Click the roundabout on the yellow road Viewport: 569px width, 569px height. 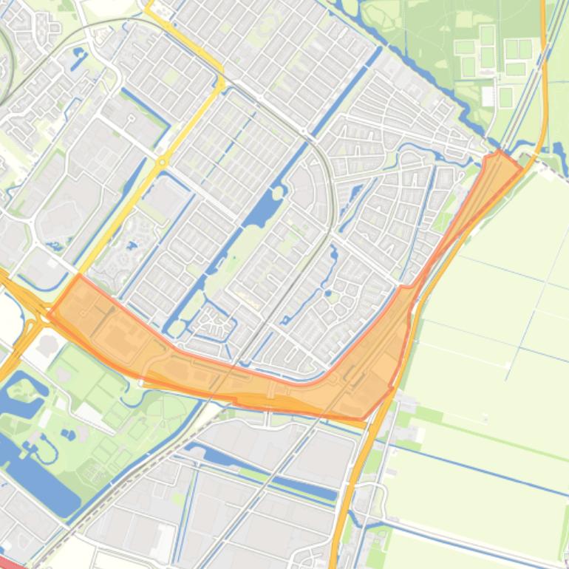coord(162,161)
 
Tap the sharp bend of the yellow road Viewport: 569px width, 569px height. coord(220,81)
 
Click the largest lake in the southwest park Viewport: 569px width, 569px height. coord(37,473)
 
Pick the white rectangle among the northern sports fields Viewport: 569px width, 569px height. coord(488,96)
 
